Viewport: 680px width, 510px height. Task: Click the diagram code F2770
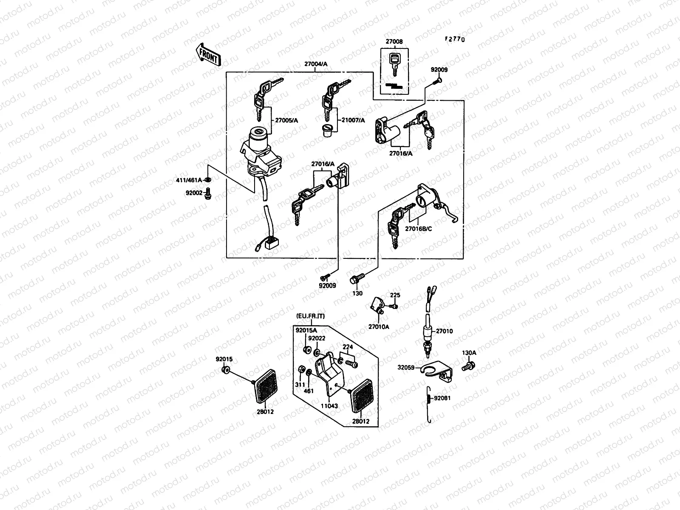[455, 39]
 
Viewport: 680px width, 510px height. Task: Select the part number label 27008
[394, 42]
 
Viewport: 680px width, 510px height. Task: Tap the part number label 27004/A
[316, 64]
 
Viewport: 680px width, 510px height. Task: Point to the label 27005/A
[286, 120]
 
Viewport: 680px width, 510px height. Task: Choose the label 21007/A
[353, 120]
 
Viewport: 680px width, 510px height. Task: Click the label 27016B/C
[419, 229]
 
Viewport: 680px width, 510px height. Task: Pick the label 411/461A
[189, 180]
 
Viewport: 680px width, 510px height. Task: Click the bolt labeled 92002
[208, 194]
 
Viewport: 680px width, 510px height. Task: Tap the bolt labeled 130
[354, 279]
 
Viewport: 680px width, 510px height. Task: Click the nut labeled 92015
[226, 370]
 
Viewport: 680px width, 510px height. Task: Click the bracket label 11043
[329, 406]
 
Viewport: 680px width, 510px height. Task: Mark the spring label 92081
[442, 398]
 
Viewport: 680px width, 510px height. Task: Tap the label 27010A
[379, 327]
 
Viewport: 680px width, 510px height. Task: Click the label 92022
[317, 339]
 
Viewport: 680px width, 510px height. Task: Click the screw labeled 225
[395, 306]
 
